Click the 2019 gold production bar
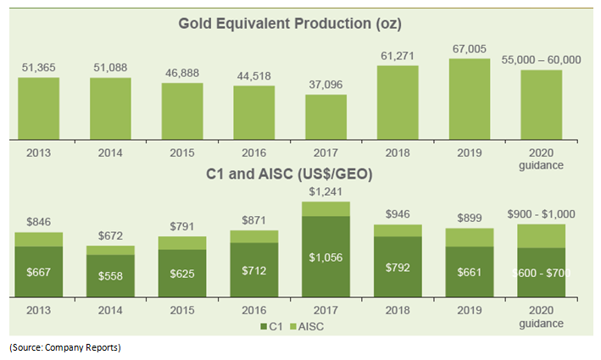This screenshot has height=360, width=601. coord(469,97)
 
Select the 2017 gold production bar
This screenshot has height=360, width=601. coord(326,115)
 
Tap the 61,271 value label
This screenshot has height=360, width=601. coord(398,56)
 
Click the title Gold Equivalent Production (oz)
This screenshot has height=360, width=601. coord(290,23)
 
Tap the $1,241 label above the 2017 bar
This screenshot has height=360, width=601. coord(326,192)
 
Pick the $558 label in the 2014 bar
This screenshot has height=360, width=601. coord(110,276)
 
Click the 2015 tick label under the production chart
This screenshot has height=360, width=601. coord(182,153)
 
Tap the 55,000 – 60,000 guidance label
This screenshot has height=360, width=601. coord(540,60)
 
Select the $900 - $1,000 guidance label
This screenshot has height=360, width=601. coord(540,215)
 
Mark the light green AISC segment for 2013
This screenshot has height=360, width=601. coord(38,239)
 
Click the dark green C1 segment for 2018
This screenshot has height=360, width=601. coord(398,266)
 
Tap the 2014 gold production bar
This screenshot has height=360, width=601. coord(110,108)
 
